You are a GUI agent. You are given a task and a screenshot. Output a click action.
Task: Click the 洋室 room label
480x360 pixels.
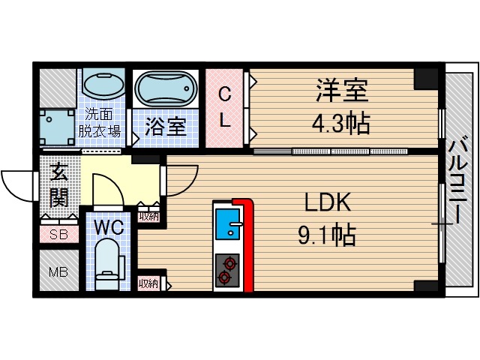point(342,93)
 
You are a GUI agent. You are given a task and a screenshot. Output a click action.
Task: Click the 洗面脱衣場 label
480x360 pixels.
point(100,123)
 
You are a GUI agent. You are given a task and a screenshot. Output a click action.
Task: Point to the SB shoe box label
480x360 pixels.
point(58,235)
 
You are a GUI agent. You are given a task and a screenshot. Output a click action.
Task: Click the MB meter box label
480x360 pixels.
point(58,271)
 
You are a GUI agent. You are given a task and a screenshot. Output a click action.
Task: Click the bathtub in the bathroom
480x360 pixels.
point(166,90)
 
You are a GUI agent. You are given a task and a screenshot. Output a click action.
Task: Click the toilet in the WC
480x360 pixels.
point(109,265)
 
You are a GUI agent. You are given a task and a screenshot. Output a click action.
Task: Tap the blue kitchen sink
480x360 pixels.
point(227,224)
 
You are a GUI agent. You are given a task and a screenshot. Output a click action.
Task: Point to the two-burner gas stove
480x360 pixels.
point(226,271)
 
